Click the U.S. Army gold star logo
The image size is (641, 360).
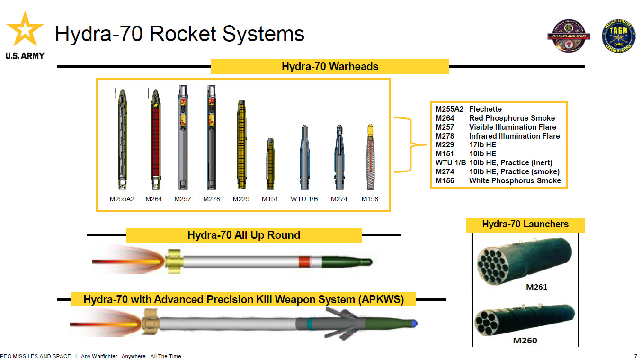(25, 30)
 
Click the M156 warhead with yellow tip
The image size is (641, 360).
(370, 157)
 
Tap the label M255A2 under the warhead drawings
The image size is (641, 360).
(122, 199)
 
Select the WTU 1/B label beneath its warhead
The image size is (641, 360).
(304, 199)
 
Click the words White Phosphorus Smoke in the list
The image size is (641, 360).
(515, 180)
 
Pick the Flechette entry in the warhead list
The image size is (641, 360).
(485, 109)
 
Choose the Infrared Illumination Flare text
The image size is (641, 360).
(514, 136)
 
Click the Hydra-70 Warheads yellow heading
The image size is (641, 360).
(329, 66)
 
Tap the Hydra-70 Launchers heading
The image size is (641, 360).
(525, 224)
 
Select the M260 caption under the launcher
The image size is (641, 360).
(525, 340)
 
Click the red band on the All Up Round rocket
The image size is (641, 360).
(304, 261)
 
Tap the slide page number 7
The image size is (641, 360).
(635, 356)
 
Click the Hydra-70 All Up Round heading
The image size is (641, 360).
(243, 235)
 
